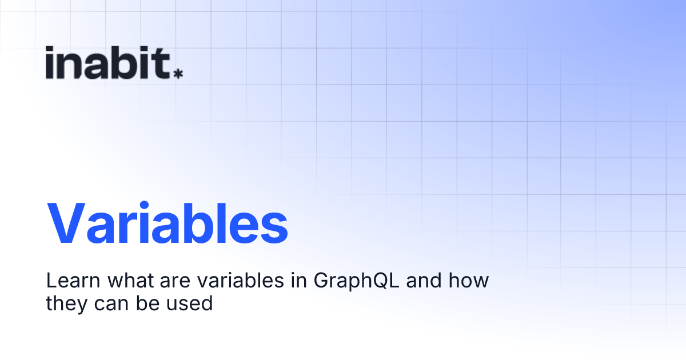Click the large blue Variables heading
click(x=167, y=225)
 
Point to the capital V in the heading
click(x=69, y=225)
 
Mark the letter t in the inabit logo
click(x=162, y=63)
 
